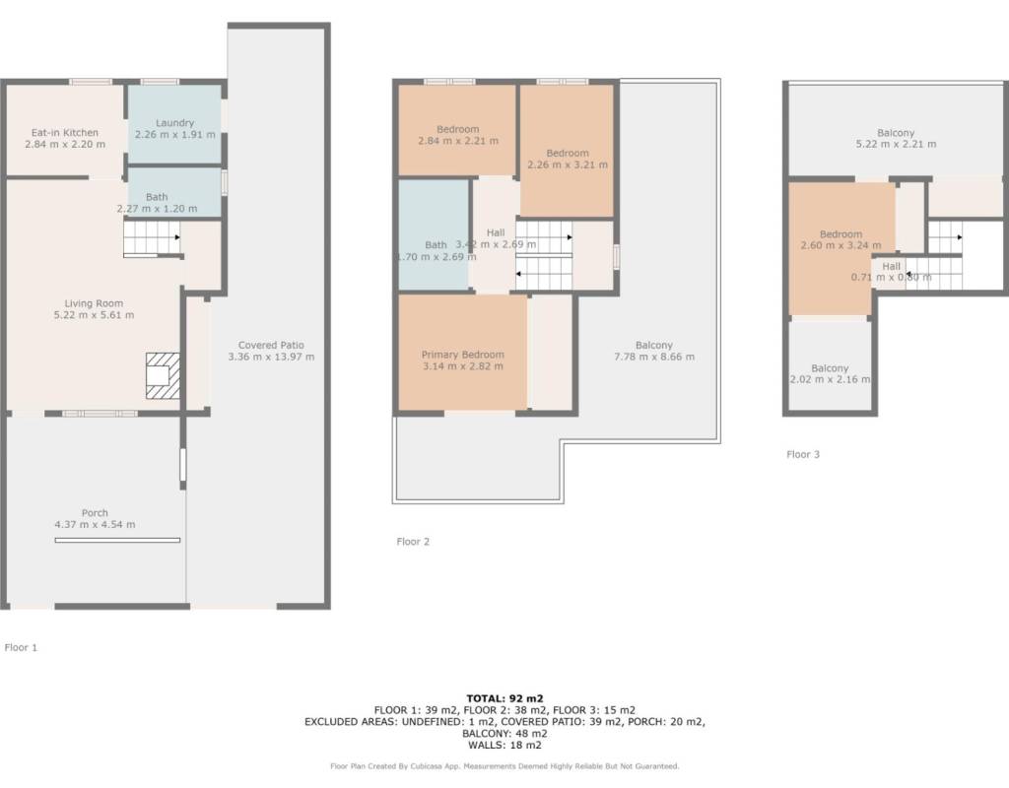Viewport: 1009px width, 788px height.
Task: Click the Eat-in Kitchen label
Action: point(65,133)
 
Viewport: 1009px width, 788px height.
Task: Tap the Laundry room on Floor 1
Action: point(174,124)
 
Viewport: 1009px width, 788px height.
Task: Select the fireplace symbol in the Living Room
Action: point(163,375)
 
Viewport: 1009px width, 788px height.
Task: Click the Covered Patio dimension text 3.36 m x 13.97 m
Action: point(271,357)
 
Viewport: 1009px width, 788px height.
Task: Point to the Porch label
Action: point(95,512)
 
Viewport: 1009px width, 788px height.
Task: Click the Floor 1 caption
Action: point(21,647)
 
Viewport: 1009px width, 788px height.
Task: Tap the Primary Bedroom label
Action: point(463,355)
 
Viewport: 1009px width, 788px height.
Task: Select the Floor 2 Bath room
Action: point(434,234)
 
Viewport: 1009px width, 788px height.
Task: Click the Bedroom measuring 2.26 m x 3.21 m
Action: point(567,151)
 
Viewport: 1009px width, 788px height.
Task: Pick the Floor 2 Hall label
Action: point(496,232)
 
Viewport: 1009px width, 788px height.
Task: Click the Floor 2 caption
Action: point(413,541)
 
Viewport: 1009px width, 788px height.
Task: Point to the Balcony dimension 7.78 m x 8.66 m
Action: point(654,357)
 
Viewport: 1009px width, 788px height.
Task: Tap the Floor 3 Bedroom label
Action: point(841,234)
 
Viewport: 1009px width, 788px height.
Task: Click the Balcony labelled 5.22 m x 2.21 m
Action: point(896,131)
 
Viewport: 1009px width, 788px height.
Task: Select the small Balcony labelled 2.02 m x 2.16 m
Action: point(830,365)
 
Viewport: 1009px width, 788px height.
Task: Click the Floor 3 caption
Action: point(803,454)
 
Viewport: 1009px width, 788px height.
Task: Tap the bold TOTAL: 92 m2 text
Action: point(504,698)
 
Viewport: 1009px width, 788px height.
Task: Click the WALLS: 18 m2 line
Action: point(504,745)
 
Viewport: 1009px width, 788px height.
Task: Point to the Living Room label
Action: point(94,303)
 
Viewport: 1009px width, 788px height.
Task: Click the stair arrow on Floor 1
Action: point(177,237)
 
